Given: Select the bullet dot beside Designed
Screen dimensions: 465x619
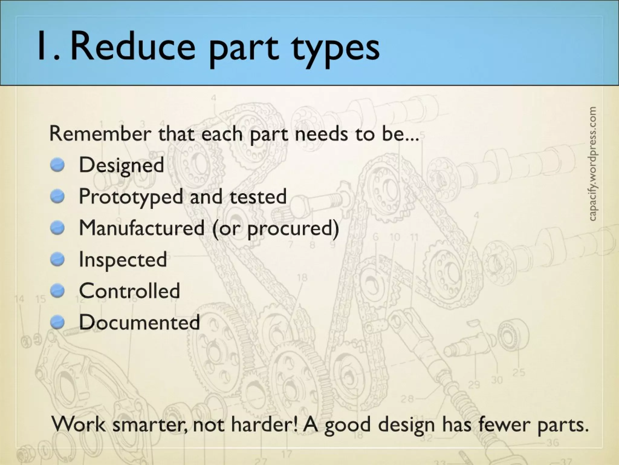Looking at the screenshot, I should click(57, 165).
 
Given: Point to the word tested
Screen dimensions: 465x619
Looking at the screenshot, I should click(258, 196).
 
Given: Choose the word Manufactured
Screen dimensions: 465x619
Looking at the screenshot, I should click(141, 228).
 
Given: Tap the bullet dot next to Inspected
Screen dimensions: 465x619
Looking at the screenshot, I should click(57, 259).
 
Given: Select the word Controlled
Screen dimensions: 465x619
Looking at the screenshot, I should click(129, 291).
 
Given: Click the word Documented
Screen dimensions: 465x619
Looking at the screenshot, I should click(139, 322).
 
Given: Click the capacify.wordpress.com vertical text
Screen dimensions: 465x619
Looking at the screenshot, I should click(592, 163).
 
